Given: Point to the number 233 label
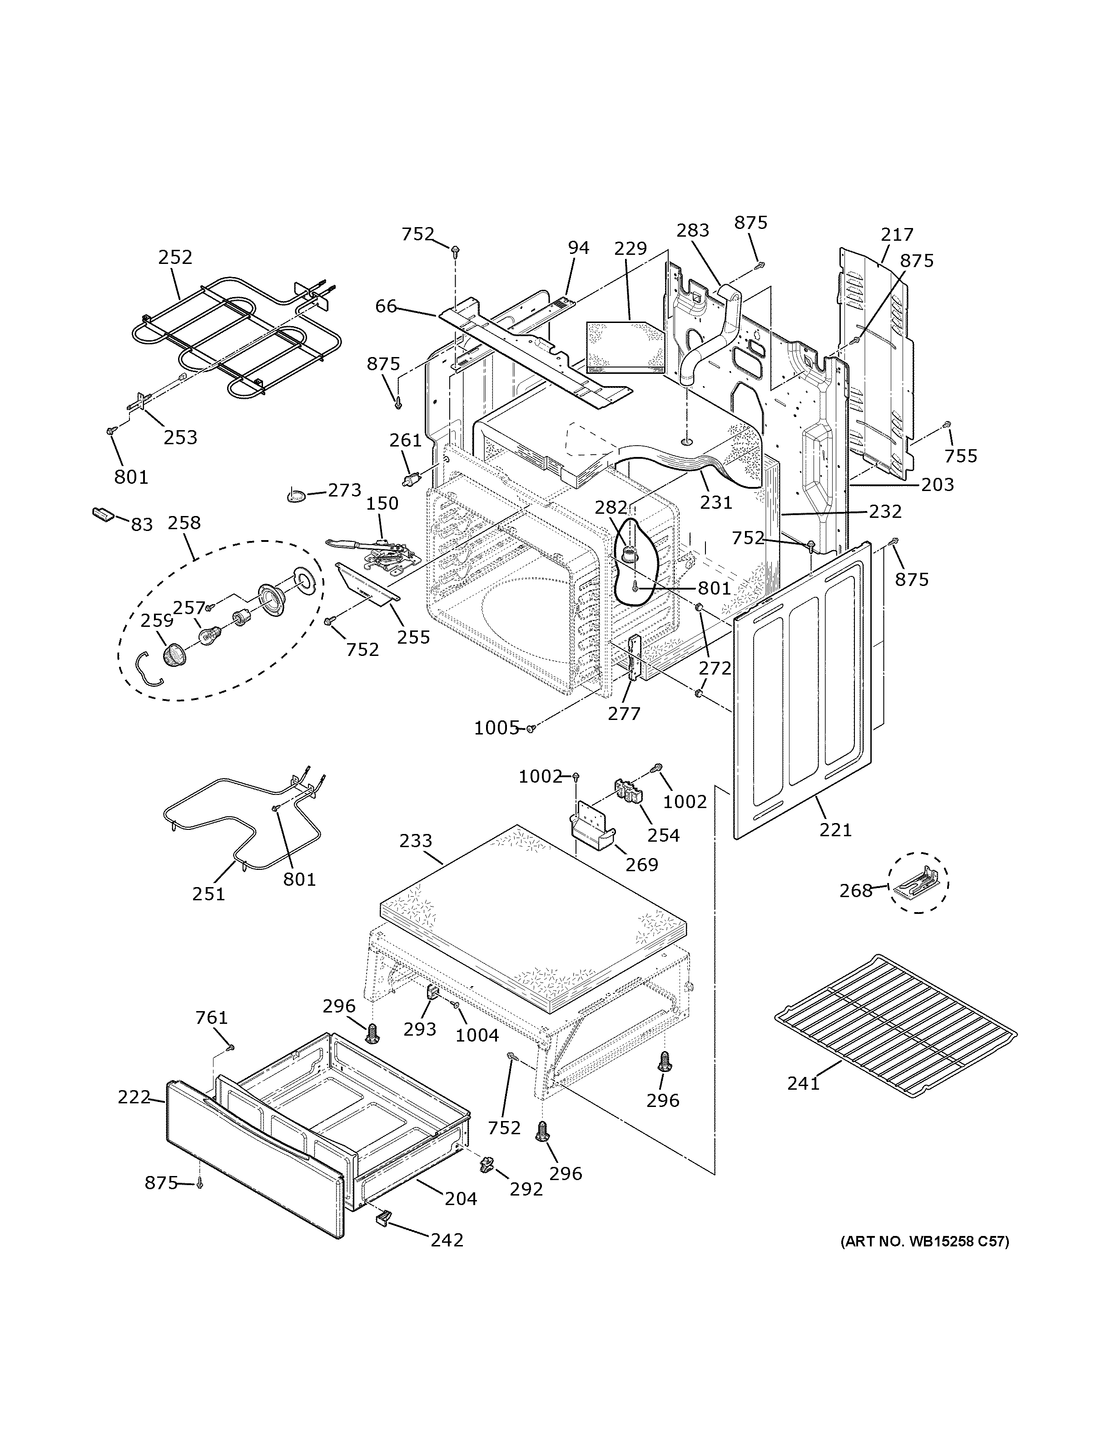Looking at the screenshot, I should click(416, 841).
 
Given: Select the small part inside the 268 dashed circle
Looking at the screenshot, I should click(918, 883).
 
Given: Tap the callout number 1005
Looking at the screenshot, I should click(496, 728).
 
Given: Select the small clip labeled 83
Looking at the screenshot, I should click(104, 514).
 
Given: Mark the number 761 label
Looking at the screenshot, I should click(212, 1018).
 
